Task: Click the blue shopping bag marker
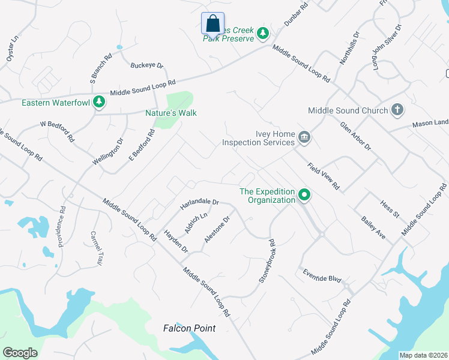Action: [x=212, y=24]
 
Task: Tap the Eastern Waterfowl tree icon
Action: [x=99, y=103]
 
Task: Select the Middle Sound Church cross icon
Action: [x=396, y=110]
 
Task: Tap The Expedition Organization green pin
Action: [x=304, y=195]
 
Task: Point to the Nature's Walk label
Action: [x=171, y=113]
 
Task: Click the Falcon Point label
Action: [x=189, y=328]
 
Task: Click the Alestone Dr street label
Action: [x=217, y=229]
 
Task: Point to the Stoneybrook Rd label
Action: [x=267, y=261]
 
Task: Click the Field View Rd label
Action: [x=324, y=176]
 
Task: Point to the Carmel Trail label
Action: [x=96, y=249]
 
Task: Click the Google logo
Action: [x=20, y=353]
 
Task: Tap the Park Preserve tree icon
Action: [x=262, y=33]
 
